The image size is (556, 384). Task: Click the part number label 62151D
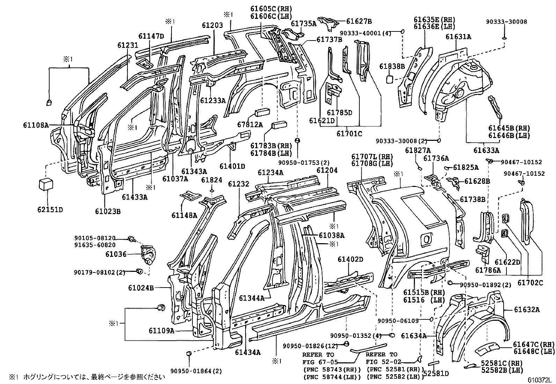pyautogui.click(x=50, y=210)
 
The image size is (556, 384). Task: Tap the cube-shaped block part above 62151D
pyautogui.click(x=46, y=184)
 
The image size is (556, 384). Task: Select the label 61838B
pyautogui.click(x=392, y=66)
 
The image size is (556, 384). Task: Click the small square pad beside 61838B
pyautogui.click(x=389, y=80)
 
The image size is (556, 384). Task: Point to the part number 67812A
pyautogui.click(x=250, y=124)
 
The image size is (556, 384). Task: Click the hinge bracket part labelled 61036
pyautogui.click(x=148, y=255)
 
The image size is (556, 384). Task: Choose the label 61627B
pyautogui.click(x=359, y=21)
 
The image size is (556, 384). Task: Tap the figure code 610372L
pyautogui.click(x=541, y=380)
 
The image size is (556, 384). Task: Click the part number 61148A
pyautogui.click(x=184, y=215)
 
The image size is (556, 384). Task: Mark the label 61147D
pyautogui.click(x=151, y=36)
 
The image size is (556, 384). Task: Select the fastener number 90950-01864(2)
pyautogui.click(x=196, y=371)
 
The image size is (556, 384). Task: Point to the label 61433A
pyautogui.click(x=134, y=197)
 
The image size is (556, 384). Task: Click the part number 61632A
pyautogui.click(x=527, y=310)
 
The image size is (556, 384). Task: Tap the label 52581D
pyautogui.click(x=436, y=373)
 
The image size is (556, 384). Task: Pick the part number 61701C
pyautogui.click(x=349, y=133)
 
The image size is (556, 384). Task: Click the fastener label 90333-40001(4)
pyautogui.click(x=365, y=33)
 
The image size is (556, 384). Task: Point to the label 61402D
pyautogui.click(x=350, y=259)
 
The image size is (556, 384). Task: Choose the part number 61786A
pyautogui.click(x=488, y=270)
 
